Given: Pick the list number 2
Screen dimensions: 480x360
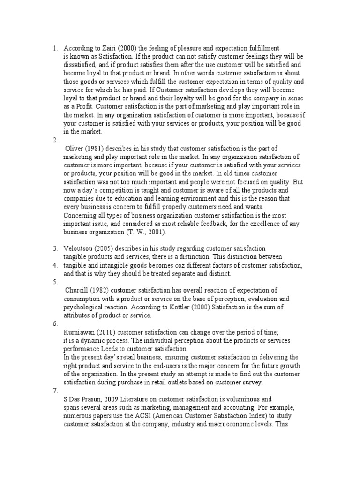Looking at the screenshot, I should pyautogui.click(x=55, y=140).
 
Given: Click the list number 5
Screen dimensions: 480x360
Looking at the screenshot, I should pyautogui.click(x=55, y=282).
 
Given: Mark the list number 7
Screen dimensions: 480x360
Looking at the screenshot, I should pyautogui.click(x=55, y=391).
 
